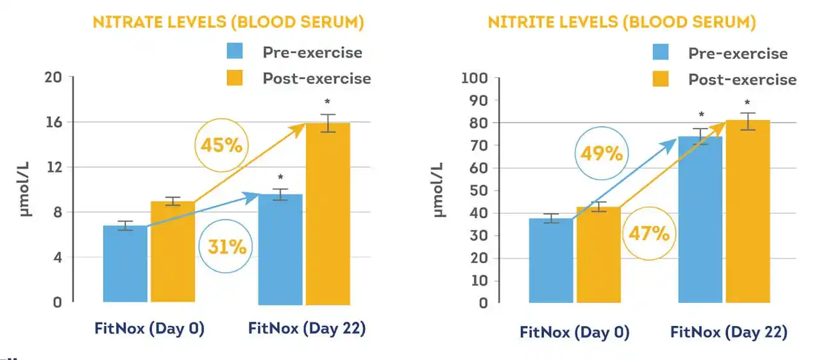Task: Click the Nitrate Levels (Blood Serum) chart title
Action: [228, 22]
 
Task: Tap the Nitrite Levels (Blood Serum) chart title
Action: [622, 22]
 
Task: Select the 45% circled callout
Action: [221, 145]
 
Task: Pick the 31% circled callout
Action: [226, 246]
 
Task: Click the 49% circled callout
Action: [602, 154]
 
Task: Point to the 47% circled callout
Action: [648, 232]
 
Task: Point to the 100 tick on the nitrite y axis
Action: [475, 78]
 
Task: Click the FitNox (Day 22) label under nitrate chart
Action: [307, 329]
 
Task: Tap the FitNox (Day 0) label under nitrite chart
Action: [574, 332]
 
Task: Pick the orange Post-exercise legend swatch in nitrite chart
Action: [660, 79]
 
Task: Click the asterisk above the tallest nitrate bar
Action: [328, 101]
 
